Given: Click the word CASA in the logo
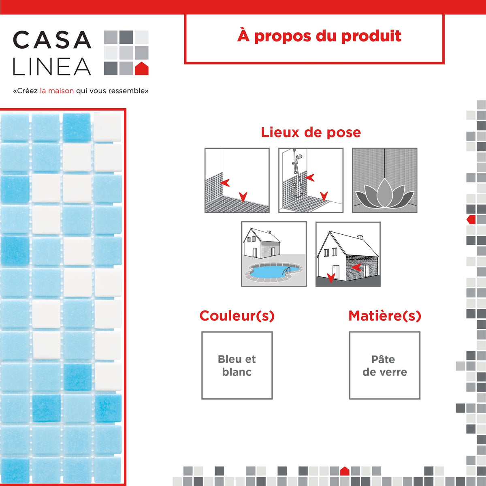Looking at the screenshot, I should point(52,40).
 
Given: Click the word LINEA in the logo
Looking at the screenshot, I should point(52,67).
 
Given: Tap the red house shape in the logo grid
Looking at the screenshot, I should point(141,69).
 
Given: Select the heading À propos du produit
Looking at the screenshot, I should point(319,36).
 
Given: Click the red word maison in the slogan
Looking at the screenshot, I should point(61,91).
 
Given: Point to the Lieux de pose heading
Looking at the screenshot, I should point(311,132).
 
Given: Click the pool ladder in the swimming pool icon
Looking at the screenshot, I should point(287,270).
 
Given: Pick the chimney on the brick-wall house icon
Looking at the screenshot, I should point(360,237).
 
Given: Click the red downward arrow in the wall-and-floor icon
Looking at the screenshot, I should point(243,197).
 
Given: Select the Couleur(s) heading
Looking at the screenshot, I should point(237,316).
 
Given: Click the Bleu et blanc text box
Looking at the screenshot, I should point(237,365).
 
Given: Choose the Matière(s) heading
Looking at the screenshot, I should point(385,316).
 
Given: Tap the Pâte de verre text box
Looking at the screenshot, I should point(385,365).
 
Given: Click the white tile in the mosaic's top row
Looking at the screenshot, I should point(108,127).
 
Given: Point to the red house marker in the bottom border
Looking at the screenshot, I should point(345,471).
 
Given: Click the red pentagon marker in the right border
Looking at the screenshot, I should point(471,220).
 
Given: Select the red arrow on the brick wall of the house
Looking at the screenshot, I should point(356,267).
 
